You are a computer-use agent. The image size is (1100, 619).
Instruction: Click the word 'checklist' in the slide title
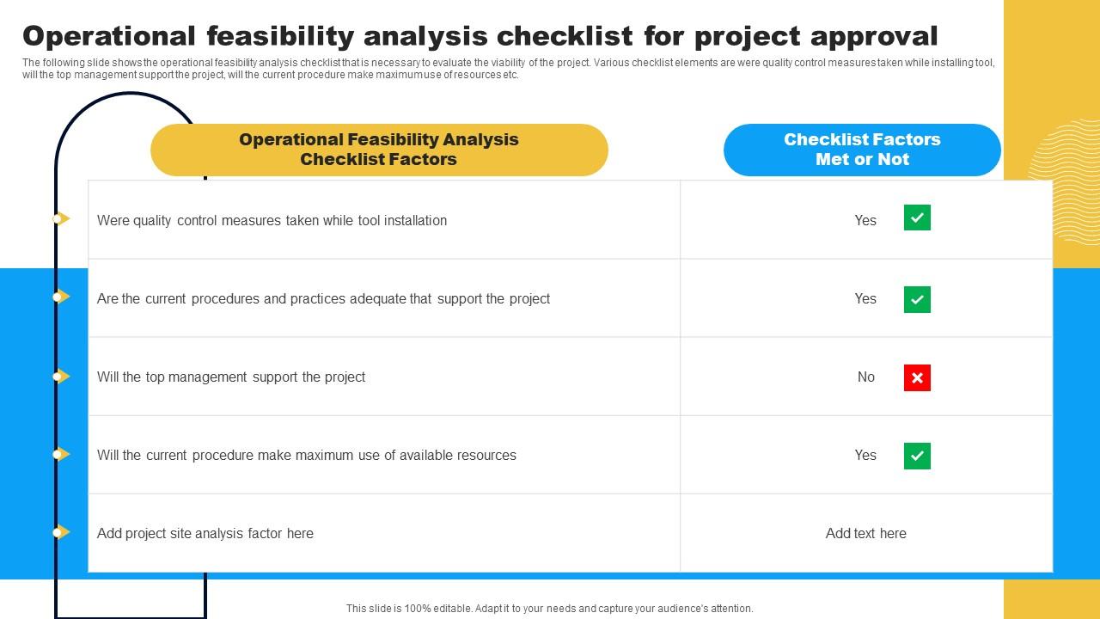pos(568,36)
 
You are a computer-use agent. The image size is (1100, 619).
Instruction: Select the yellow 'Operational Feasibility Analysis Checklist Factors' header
pos(379,150)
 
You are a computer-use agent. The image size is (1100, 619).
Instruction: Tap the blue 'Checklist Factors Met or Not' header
pos(862,150)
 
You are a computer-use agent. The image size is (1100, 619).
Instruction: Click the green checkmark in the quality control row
pos(917,218)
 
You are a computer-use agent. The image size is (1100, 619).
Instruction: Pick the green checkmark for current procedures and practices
pos(917,299)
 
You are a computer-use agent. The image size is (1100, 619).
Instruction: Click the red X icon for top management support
pos(917,377)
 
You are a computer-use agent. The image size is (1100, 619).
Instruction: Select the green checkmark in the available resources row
pos(917,456)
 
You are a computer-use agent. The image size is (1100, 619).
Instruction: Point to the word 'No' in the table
pos(865,377)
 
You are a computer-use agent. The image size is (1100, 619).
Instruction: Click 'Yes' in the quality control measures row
pos(865,221)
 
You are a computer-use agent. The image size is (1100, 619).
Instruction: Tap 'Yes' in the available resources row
pos(865,456)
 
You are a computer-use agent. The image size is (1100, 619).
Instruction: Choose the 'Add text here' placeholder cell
pos(865,534)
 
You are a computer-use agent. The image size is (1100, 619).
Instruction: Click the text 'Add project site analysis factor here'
pos(205,534)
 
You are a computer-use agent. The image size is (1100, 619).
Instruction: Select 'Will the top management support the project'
pos(231,377)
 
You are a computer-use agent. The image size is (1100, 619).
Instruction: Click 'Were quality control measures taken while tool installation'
pos(272,221)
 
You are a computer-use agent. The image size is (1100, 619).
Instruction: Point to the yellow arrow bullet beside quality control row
pos(61,219)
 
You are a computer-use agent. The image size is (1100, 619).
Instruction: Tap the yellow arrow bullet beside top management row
pos(61,377)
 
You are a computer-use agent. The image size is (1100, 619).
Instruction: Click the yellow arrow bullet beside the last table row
pos(61,533)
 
